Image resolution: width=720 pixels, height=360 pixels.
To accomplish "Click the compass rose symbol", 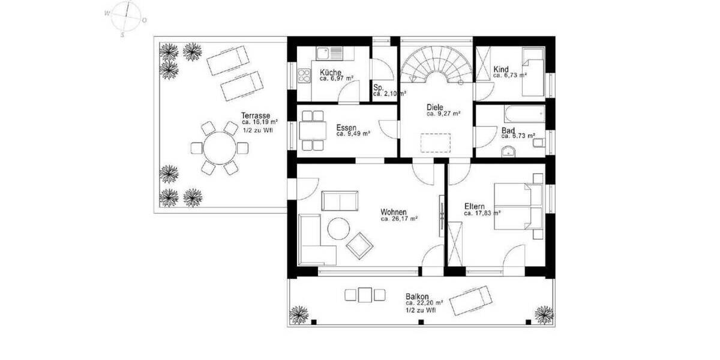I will (125, 18).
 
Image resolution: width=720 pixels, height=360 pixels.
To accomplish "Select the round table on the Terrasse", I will (213, 147).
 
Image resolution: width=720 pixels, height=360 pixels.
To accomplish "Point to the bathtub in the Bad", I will (523, 113).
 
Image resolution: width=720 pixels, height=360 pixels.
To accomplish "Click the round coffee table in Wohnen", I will (339, 228).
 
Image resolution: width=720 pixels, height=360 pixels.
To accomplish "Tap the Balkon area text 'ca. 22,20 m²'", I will (424, 303).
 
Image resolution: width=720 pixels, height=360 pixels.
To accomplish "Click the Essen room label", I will (347, 127).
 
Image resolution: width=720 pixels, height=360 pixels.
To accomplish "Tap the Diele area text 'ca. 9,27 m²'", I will (443, 113).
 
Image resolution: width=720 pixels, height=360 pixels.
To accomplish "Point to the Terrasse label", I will (255, 115).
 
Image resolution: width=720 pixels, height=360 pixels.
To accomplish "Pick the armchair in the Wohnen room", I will (360, 245).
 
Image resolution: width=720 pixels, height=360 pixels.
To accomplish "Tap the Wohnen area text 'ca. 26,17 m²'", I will (399, 219).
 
